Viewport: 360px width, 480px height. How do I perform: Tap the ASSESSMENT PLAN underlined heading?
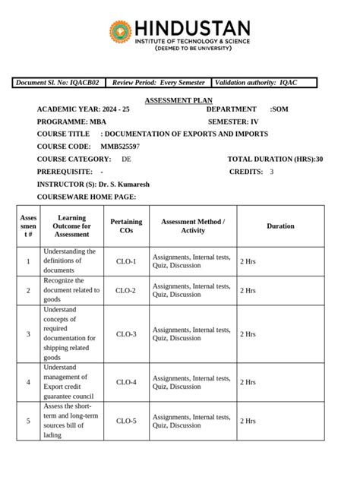point(178,100)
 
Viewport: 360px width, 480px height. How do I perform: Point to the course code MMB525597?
point(120,147)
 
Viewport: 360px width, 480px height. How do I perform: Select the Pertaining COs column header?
point(126,226)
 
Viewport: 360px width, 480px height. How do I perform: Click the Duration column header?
point(280,226)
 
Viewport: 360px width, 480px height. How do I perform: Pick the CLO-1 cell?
point(126,261)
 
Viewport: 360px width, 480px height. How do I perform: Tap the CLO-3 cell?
point(126,334)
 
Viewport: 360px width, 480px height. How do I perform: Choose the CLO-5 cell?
point(126,421)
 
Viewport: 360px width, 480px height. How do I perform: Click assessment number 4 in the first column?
point(28,382)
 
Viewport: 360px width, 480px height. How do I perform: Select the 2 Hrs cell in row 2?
point(248,291)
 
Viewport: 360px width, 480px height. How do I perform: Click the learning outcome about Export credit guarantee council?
point(69,382)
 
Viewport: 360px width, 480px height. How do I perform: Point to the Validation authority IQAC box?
point(264,83)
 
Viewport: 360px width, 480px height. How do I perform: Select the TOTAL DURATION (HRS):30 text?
point(275,159)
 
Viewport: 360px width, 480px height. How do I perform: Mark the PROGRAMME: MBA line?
point(72,122)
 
